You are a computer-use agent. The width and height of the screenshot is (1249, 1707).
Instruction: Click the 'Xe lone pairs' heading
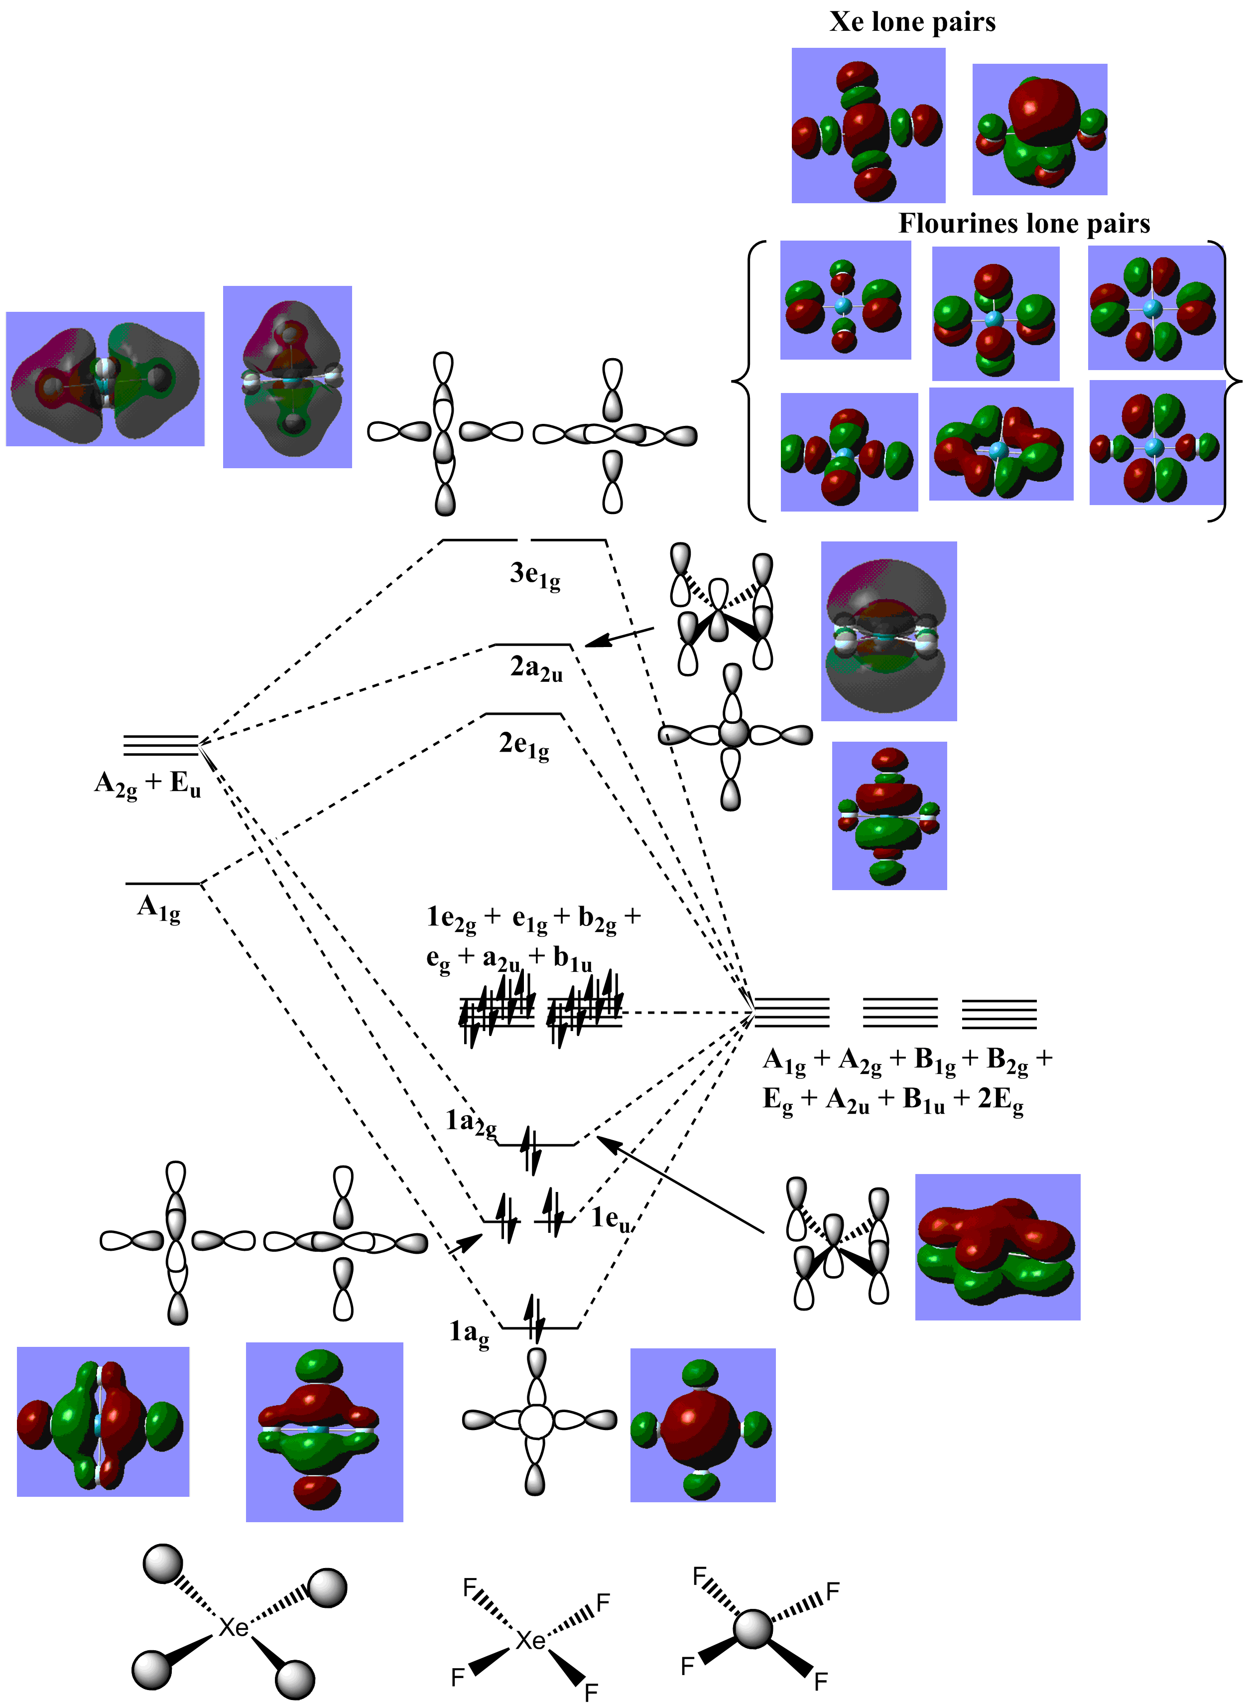(912, 22)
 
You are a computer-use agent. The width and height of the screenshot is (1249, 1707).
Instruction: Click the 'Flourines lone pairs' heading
(1024, 224)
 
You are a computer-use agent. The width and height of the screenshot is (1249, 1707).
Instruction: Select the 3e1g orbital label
(534, 575)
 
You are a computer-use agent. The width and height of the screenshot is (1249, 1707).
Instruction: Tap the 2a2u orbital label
(536, 668)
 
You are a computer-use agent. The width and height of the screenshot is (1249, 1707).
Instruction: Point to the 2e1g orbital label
(524, 745)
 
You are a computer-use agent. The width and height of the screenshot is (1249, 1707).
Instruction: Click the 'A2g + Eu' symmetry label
(147, 784)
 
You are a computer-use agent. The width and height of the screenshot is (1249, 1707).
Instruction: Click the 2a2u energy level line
(531, 645)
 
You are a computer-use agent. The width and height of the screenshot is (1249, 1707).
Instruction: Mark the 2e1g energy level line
(523, 714)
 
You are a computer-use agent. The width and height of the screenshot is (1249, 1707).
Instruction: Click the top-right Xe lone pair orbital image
(1039, 130)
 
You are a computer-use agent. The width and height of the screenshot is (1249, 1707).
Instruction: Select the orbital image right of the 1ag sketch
(702, 1425)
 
